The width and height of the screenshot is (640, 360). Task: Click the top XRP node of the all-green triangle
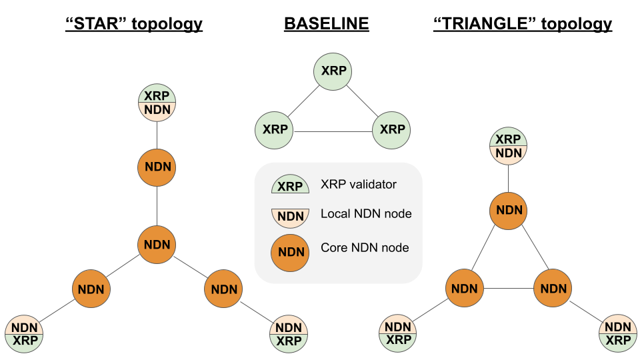pos(333,71)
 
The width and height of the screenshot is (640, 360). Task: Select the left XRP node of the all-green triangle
pos(275,130)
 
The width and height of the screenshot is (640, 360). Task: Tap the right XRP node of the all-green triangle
pos(391,130)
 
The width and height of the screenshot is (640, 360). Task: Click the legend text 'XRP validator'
pos(359,185)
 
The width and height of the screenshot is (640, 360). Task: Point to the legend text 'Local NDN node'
pos(366,214)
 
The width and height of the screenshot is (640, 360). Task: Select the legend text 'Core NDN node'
pos(365,248)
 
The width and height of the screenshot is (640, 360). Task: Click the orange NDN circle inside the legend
pos(290,253)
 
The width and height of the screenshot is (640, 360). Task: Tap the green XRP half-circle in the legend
pos(290,186)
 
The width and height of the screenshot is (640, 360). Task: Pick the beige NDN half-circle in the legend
pos(290,215)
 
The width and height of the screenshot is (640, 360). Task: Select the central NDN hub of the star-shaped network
pos(157,244)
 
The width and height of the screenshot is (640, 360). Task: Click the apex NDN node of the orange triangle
pos(509,210)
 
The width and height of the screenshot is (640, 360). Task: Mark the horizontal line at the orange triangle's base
pos(509,289)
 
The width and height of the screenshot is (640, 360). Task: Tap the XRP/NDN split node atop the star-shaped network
pos(157,102)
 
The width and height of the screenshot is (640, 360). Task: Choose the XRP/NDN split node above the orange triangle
pos(509,146)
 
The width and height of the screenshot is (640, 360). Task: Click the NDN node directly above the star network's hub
pos(157,167)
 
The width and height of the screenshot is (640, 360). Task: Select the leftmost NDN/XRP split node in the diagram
pos(25,334)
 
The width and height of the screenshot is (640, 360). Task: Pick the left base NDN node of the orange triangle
pos(465,289)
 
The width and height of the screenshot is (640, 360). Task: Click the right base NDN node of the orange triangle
pos(553,289)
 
